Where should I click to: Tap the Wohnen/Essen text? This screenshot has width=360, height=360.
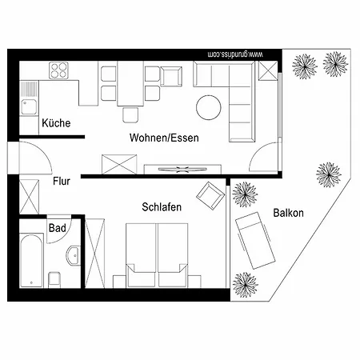click(x=164, y=138)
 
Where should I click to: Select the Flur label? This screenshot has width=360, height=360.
click(x=62, y=182)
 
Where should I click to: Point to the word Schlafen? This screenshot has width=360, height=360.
click(x=161, y=206)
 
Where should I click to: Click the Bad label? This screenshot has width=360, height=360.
click(x=57, y=229)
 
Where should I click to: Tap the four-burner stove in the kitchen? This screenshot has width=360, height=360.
click(x=60, y=70)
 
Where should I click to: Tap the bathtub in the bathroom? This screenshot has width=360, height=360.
click(x=31, y=260)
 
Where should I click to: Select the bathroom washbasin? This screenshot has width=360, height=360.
click(x=72, y=257)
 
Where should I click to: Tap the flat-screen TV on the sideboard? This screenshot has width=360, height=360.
click(x=184, y=169)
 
